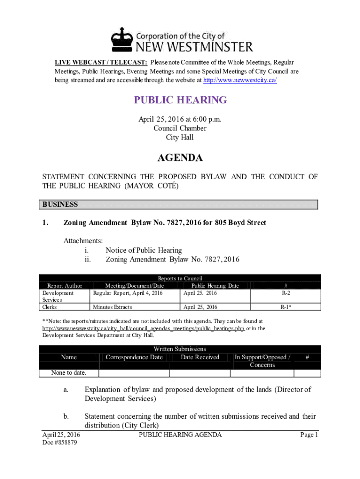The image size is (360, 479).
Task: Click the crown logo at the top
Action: [122, 39]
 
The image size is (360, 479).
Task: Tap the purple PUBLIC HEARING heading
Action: [180, 100]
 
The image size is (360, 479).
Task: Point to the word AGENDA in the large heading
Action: [180, 158]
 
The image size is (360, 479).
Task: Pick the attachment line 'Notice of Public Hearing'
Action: [144, 250]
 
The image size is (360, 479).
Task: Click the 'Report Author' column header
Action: [65, 285]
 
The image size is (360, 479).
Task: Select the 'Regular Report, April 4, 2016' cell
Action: [128, 293]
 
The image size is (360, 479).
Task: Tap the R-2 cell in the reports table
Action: [286, 293]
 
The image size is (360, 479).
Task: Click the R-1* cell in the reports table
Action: [286, 307]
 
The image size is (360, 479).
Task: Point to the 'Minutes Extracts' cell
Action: [112, 307]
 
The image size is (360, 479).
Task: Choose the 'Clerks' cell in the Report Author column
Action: [50, 307]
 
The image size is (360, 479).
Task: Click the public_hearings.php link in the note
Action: [143, 328]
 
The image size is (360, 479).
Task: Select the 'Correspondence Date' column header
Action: [134, 357]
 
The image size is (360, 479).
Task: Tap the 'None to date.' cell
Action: [69, 373]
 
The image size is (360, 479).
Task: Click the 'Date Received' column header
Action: [200, 357]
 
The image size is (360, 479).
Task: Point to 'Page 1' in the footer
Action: [309, 435]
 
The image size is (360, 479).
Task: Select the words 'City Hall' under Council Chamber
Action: [180, 138]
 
